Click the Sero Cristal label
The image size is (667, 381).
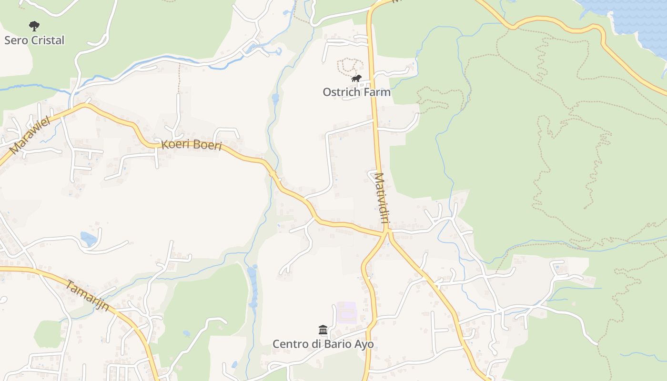click(x=34, y=40)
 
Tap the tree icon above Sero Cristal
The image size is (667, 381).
click(x=34, y=26)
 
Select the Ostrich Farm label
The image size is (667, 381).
click(x=356, y=92)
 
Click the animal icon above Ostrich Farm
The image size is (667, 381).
click(x=356, y=79)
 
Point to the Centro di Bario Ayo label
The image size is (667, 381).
click(x=323, y=344)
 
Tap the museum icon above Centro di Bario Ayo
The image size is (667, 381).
click(x=323, y=330)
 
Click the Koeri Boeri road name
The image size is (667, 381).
click(x=192, y=145)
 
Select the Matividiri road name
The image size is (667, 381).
click(x=380, y=198)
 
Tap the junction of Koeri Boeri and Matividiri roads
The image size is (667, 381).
click(x=386, y=232)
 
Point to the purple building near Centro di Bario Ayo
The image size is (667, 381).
click(x=347, y=312)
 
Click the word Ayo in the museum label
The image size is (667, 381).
click(x=364, y=344)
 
